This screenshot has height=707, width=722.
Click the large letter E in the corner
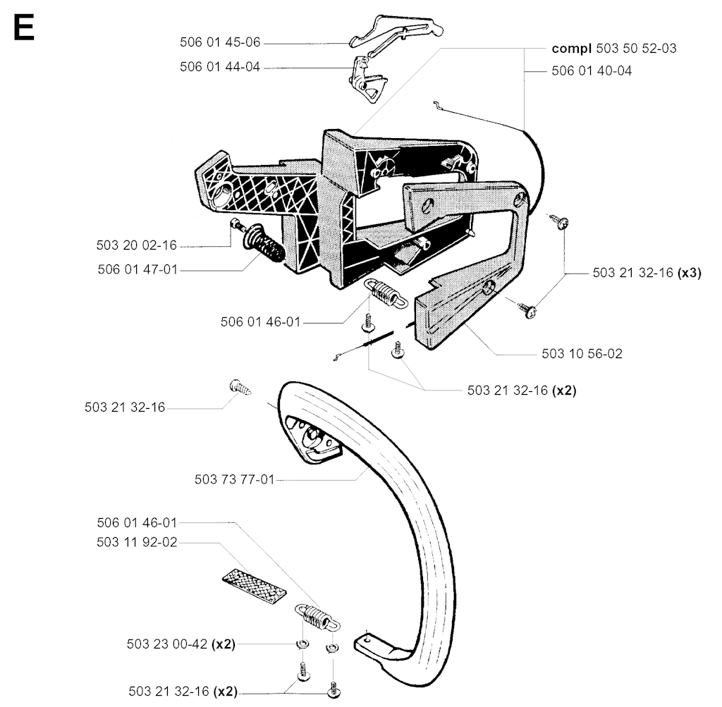(24, 27)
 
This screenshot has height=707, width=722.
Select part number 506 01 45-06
(220, 42)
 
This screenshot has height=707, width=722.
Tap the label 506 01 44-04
(220, 67)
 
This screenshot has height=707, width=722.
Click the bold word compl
(571, 49)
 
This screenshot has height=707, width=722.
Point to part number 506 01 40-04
(592, 71)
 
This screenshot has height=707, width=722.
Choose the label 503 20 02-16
(137, 245)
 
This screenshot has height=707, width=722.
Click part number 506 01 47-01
(137, 270)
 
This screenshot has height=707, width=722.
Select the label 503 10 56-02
(582, 354)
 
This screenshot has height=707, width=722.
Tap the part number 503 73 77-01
(234, 480)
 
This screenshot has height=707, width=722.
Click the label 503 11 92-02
(137, 543)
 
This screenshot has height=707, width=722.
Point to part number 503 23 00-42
(167, 644)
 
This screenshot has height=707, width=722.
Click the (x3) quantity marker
(690, 273)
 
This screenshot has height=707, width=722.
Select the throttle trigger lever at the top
(397, 32)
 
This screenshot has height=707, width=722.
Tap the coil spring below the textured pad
(317, 617)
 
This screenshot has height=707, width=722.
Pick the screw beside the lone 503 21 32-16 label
(240, 387)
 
